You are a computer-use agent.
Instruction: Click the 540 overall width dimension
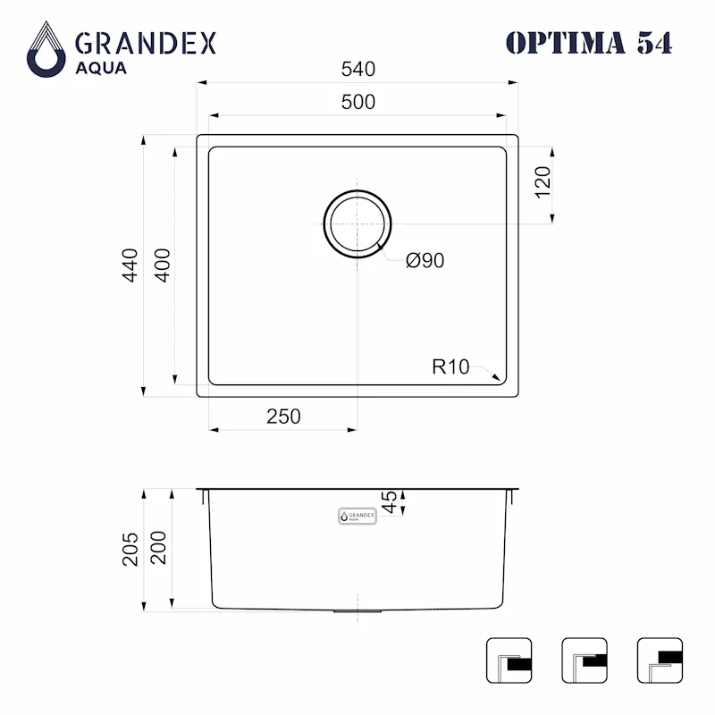(357, 69)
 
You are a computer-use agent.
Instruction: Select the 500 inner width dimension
(357, 102)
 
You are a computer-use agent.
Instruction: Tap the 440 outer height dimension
(131, 265)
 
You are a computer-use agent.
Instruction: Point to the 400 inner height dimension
(162, 265)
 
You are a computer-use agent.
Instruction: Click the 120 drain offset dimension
(543, 182)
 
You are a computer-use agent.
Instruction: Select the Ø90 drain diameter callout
(425, 261)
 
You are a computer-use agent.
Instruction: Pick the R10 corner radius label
(450, 366)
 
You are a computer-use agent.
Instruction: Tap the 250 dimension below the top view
(282, 416)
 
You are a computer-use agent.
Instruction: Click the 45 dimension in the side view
(389, 502)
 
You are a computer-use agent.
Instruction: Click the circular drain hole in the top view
(357, 223)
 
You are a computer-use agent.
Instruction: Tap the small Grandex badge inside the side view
(357, 517)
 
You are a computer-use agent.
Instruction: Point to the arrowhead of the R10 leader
(496, 379)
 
